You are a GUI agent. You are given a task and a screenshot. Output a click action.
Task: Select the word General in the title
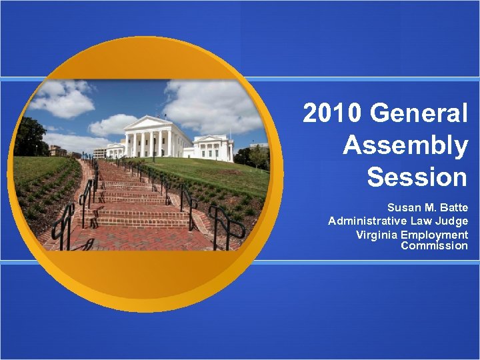click(x=420, y=114)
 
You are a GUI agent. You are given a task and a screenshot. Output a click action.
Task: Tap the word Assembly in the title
click(x=405, y=145)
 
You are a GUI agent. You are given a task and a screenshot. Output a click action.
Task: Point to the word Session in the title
click(x=417, y=177)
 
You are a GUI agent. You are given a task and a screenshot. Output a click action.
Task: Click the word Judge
click(x=453, y=221)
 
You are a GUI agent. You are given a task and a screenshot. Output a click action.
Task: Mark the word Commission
click(x=434, y=246)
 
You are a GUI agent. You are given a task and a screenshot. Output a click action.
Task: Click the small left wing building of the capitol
click(x=115, y=149)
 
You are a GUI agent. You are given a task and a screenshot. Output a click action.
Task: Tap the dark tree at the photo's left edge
click(x=29, y=137)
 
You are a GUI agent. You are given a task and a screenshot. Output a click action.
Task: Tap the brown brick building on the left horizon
click(x=57, y=150)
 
